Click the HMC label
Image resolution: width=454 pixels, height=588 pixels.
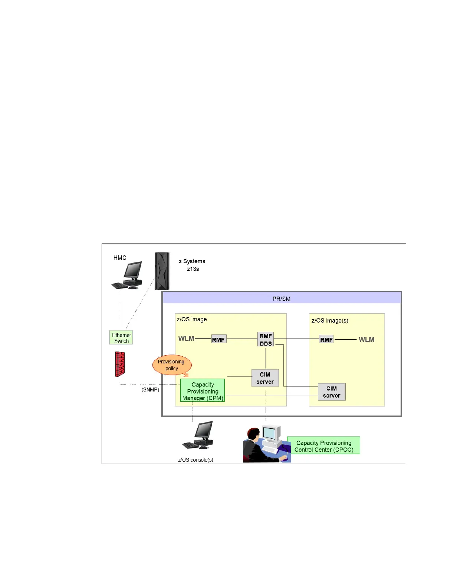tap(120, 258)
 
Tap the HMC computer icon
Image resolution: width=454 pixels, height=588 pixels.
tap(128, 275)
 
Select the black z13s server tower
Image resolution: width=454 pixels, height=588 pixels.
tap(162, 271)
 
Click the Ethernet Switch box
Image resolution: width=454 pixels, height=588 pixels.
tap(121, 338)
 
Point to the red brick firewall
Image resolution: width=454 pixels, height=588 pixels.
tap(120, 364)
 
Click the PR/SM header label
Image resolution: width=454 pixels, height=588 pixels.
tap(282, 299)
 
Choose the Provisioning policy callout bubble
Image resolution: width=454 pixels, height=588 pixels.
tap(171, 365)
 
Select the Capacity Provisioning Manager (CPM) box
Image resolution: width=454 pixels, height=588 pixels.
tap(203, 391)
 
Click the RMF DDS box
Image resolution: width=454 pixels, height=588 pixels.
tap(266, 339)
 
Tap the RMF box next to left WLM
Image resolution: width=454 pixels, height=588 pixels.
tap(218, 339)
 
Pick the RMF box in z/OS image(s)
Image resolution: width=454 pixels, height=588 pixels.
tap(326, 339)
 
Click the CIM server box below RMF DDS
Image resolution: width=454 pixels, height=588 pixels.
tap(265, 378)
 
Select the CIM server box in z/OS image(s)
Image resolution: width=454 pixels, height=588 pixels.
tap(332, 392)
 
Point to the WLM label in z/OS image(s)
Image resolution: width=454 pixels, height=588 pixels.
tap(366, 339)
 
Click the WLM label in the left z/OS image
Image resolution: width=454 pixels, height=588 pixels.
tap(186, 339)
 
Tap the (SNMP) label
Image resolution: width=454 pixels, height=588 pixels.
tap(150, 390)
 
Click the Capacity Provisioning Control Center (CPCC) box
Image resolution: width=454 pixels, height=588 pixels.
tap(323, 446)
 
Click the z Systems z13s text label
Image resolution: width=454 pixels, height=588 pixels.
tap(192, 265)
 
